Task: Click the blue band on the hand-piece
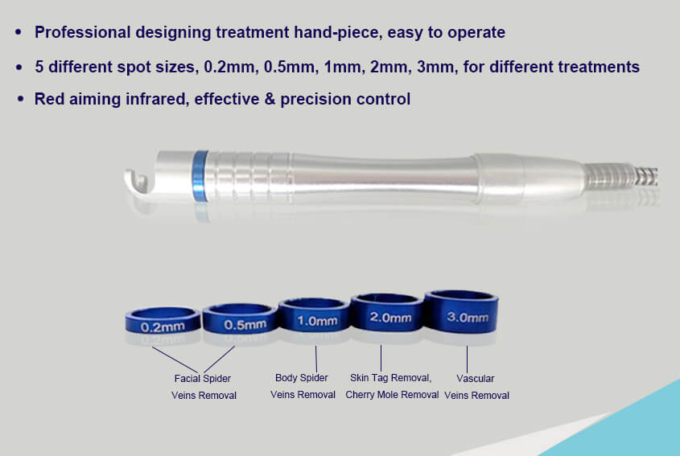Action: tap(200, 175)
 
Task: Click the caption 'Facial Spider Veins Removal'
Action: tap(204, 387)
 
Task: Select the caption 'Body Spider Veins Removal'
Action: tap(303, 386)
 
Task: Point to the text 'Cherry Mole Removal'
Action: tap(392, 395)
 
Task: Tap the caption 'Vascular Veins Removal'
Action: tap(476, 386)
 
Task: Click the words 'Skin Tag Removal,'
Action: tap(391, 378)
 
